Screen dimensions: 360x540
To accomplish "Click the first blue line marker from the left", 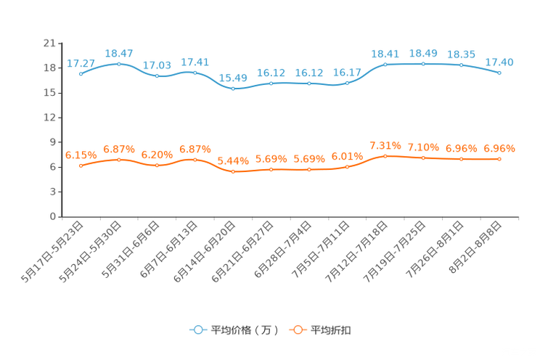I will tap(81, 73).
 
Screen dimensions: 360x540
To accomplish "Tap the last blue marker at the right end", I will tap(499, 73).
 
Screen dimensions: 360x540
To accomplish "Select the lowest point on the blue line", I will tap(233, 88).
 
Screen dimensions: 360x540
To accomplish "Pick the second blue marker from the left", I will tap(119, 64).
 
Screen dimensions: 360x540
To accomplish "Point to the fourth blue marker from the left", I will tap(195, 72).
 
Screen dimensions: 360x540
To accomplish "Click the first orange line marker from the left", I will tap(81, 165).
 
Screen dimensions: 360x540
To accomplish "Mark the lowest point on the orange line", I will tap(233, 171).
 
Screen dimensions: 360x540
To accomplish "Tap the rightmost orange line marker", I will tap(499, 159).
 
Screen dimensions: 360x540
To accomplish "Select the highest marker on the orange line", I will tap(385, 155).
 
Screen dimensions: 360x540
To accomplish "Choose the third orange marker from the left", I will tap(157, 165).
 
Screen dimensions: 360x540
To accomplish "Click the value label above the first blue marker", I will tap(81, 63).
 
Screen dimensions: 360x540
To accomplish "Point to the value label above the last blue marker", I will tap(499, 62).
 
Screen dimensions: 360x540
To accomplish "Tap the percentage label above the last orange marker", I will tap(499, 149).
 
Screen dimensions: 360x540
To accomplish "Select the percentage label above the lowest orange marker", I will tap(233, 160).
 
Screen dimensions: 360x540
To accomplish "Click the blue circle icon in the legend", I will tap(197, 330).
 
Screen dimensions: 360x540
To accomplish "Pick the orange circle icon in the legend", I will tap(297, 330).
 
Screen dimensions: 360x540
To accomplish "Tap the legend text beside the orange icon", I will tap(331, 330).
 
